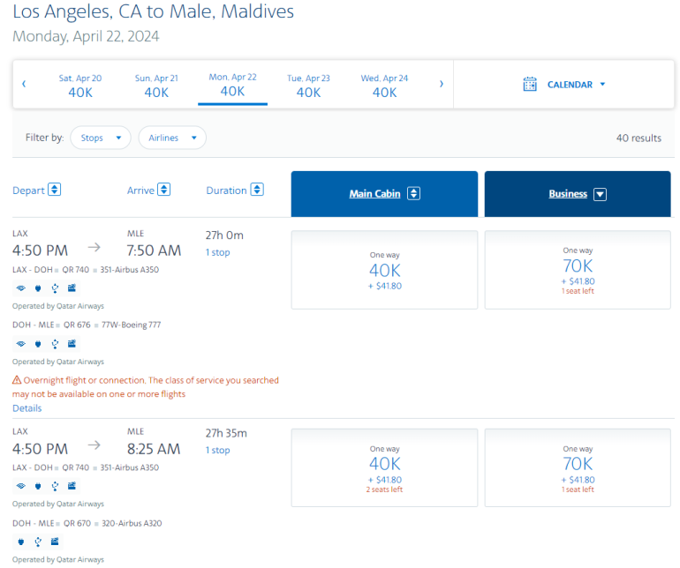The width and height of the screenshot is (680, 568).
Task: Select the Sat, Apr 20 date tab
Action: pos(80,86)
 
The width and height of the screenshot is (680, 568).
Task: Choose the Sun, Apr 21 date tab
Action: pos(156,86)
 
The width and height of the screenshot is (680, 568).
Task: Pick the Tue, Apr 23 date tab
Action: pos(308,86)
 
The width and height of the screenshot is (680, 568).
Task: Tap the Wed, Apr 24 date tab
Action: pos(384,86)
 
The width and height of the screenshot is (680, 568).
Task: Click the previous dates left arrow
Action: pos(24,85)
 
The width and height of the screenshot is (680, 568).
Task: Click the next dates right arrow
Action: pos(442,85)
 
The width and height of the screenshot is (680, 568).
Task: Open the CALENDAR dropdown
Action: pos(565,85)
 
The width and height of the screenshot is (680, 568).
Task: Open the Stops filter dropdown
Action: pos(101,138)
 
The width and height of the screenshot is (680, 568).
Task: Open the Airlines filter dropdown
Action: pos(172,138)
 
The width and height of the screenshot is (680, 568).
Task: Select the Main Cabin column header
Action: pos(384,194)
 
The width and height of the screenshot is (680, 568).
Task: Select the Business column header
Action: pos(578,194)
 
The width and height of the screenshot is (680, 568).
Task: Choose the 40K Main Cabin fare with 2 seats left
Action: pos(384,467)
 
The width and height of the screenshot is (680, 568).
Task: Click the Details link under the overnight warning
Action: pos(26,408)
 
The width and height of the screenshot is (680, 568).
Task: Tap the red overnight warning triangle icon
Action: pos(17,380)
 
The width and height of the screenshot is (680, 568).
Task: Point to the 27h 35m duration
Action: pos(226,433)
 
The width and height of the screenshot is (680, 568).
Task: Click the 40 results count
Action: pos(638,138)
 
